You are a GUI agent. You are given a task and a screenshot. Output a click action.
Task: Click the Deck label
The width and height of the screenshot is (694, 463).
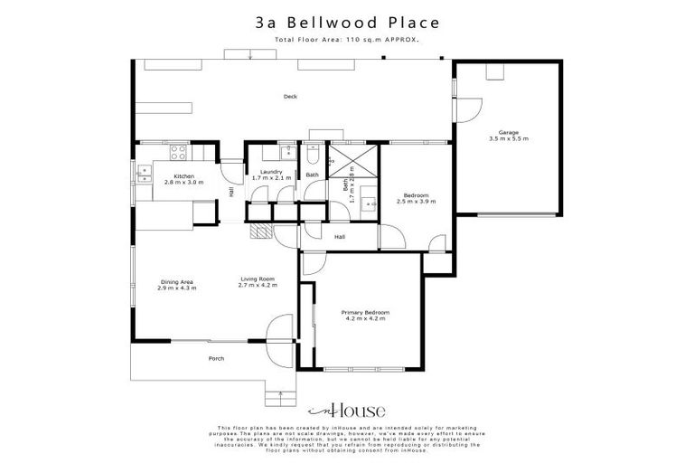(290, 96)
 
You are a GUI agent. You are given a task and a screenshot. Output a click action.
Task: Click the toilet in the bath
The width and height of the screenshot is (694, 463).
(312, 151)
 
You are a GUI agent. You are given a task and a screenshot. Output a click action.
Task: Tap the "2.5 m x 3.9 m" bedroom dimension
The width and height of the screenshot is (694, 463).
(416, 201)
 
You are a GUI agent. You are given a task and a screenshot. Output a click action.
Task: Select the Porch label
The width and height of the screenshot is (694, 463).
(216, 358)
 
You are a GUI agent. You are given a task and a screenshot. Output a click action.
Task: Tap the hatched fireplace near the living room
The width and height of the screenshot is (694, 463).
(260, 231)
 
